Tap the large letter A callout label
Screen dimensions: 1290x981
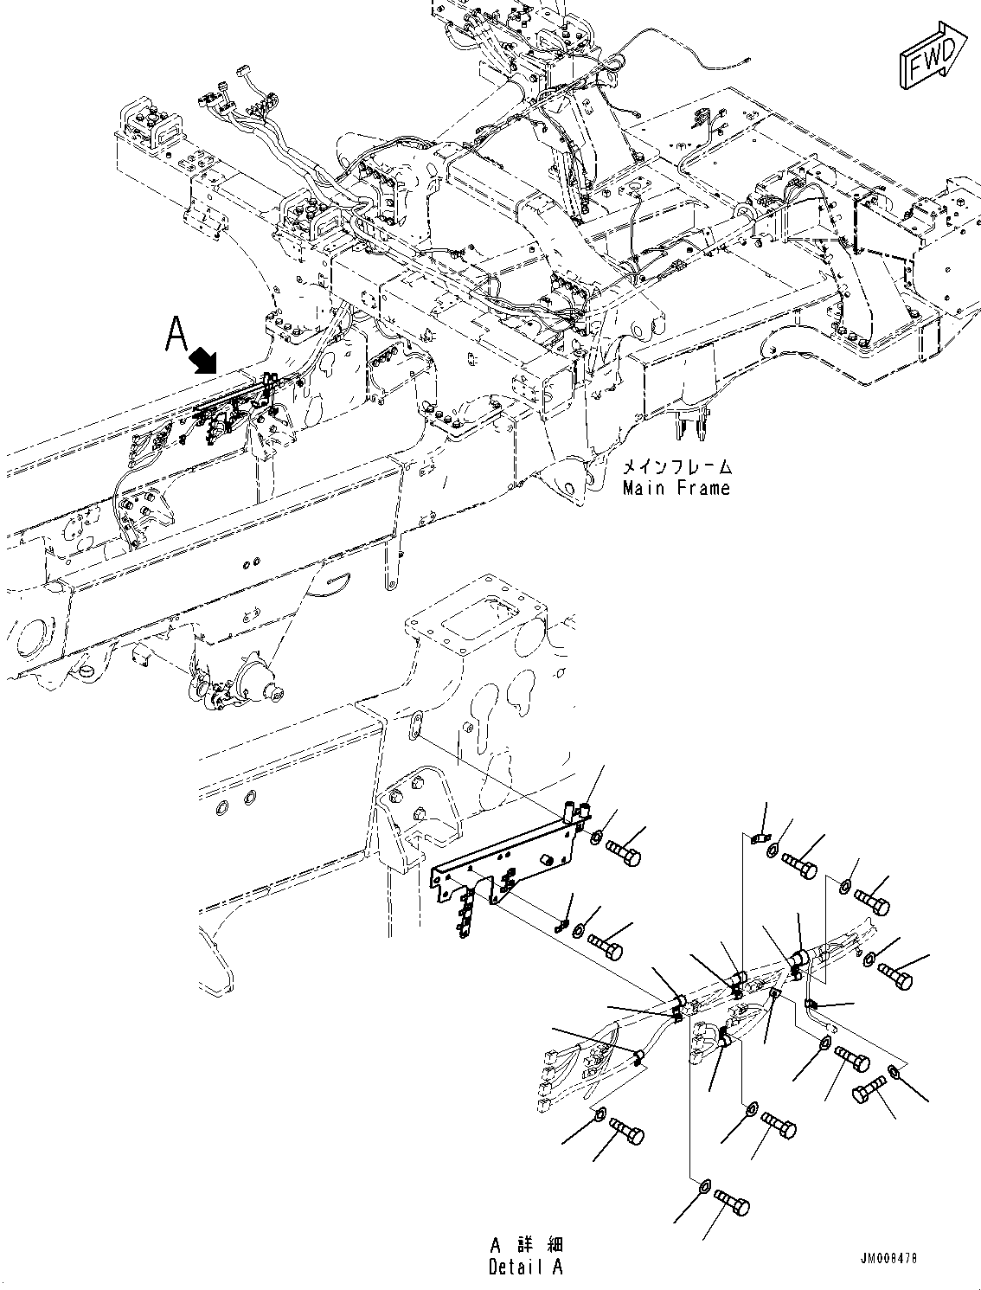[177, 334]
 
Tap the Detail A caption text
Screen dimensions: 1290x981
[525, 1267]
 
